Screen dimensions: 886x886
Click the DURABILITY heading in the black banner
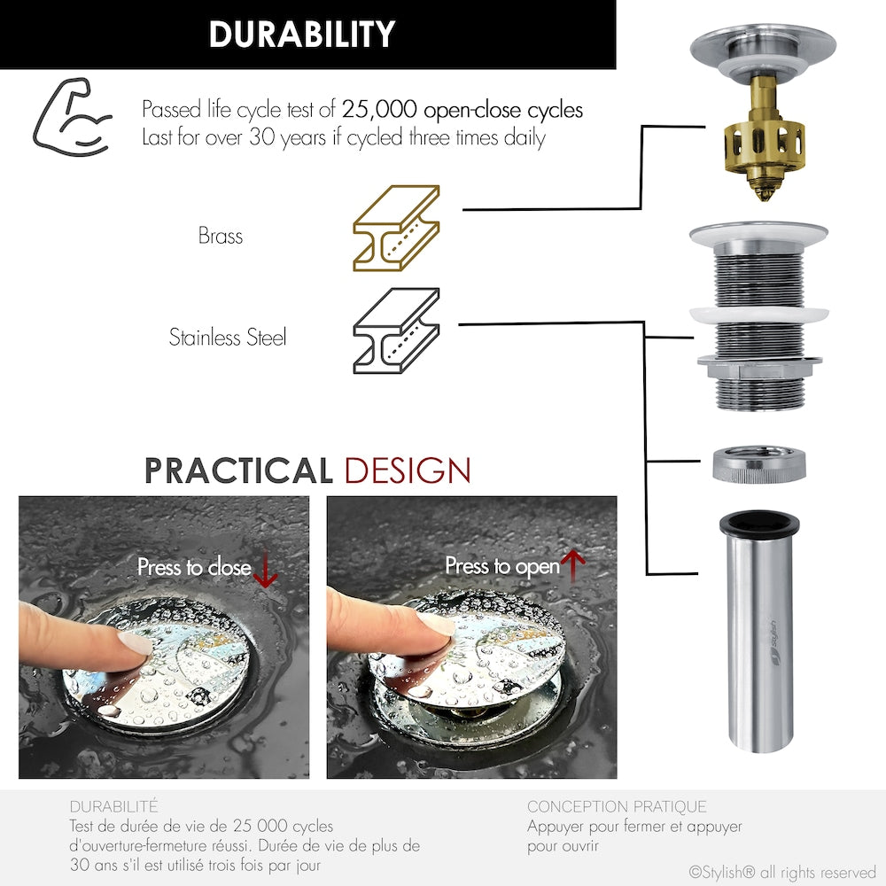[301, 35]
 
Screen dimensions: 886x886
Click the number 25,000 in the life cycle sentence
[380, 111]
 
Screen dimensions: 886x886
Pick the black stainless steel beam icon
[396, 330]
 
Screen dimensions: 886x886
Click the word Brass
[221, 237]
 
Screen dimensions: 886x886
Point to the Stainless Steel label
[228, 338]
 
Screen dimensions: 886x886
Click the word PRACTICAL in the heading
[238, 470]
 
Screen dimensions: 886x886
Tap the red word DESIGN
[408, 470]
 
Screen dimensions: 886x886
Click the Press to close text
[194, 567]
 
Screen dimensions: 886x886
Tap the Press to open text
[502, 565]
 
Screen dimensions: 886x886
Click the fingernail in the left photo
[136, 643]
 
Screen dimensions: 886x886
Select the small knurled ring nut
[758, 464]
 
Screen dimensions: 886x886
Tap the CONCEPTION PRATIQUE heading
[617, 806]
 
